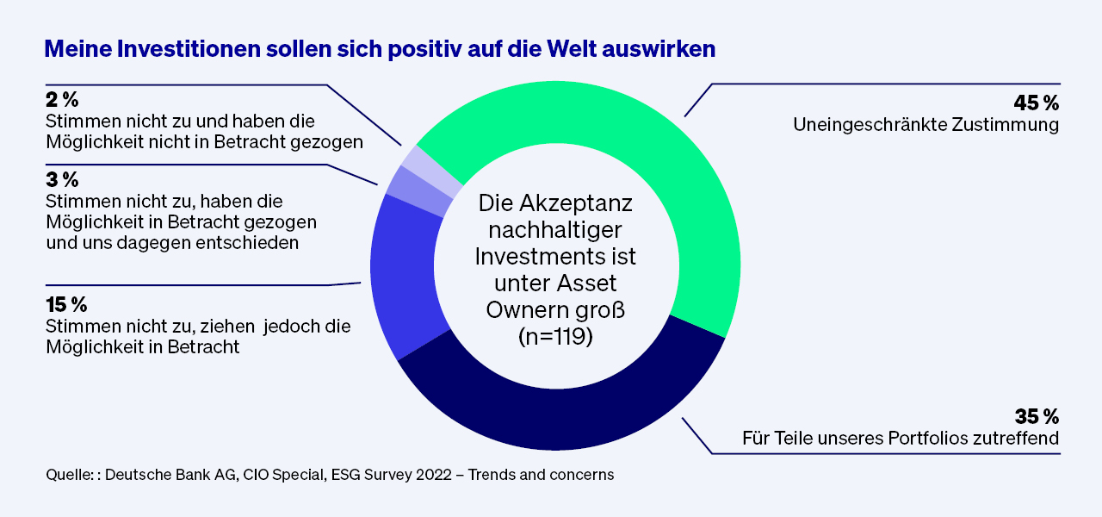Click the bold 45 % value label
point(1036,103)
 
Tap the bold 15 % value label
point(66,305)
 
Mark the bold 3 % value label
point(61,180)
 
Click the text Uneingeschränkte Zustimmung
point(926,126)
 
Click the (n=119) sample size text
point(555,337)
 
